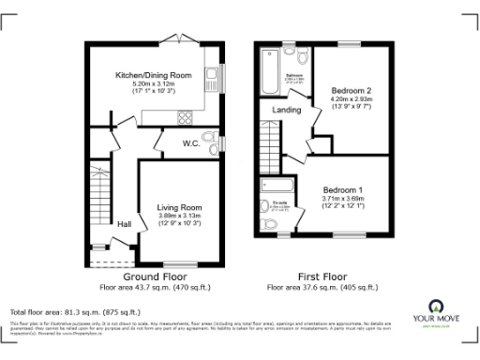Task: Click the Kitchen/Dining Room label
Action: click(x=154, y=74)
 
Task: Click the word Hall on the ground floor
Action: click(x=124, y=224)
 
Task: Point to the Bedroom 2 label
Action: click(x=352, y=90)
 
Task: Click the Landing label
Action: click(x=287, y=110)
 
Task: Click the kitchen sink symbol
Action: click(x=212, y=77)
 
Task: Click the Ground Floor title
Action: click(x=153, y=277)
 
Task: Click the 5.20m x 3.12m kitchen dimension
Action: click(x=154, y=83)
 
